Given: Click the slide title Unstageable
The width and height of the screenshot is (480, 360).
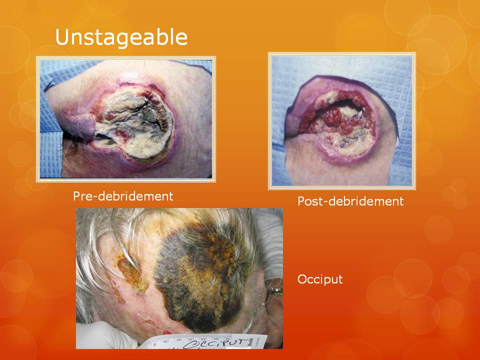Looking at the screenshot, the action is click(x=121, y=37).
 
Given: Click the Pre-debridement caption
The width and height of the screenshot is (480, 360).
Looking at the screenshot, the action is click(x=123, y=196).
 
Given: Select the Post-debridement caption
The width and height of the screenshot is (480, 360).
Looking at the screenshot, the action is click(x=350, y=201).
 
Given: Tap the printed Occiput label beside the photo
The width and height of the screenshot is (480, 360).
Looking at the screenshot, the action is click(x=320, y=279).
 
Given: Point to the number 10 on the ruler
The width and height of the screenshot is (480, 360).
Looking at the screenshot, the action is click(x=165, y=341).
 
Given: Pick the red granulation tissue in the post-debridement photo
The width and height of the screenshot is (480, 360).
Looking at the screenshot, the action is click(x=336, y=120).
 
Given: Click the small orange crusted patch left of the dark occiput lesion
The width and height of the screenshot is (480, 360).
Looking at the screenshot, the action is click(x=131, y=274).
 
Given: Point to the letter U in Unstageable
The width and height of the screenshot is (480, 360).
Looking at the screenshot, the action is click(x=62, y=37).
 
